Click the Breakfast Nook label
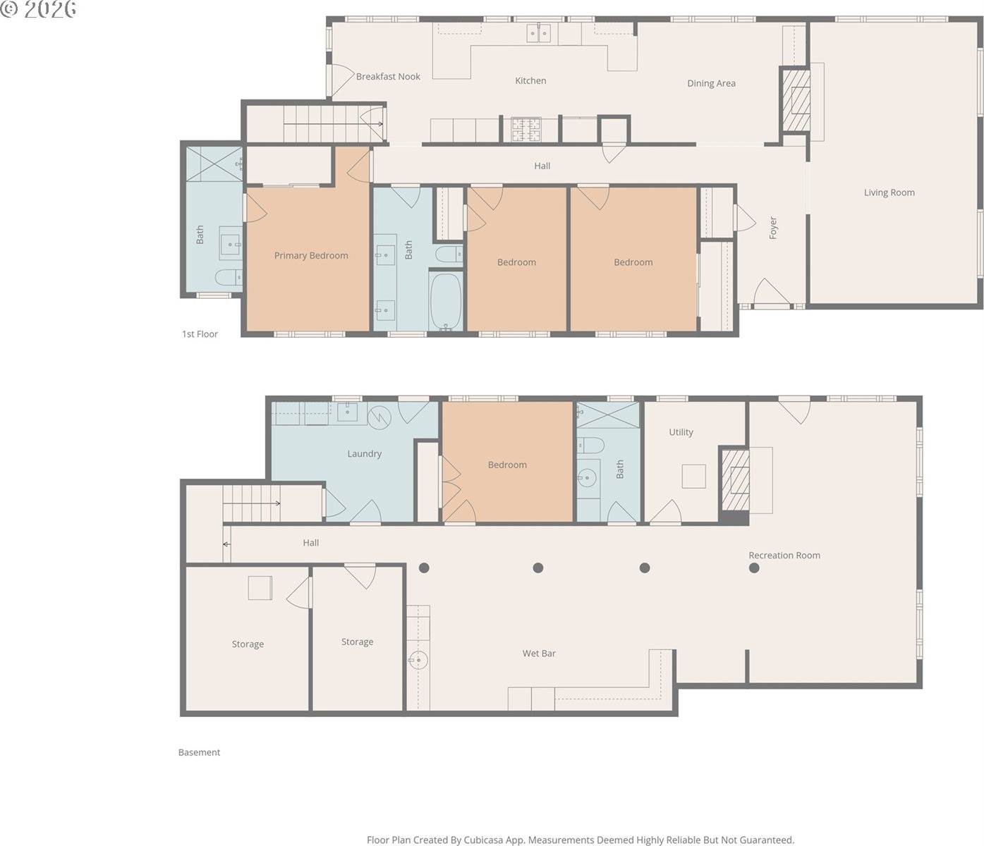tap(388, 76)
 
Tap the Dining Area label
tap(711, 83)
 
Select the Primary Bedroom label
tap(311, 255)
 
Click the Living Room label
tap(889, 192)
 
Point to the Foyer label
tap(772, 228)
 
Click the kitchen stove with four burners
tap(526, 129)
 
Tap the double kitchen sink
tap(539, 32)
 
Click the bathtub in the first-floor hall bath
tap(446, 301)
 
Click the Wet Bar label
tap(539, 654)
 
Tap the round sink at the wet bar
tap(418, 661)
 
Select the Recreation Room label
tap(784, 555)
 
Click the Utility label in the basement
tap(681, 432)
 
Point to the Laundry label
tap(364, 453)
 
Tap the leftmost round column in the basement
tap(424, 568)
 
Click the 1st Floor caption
tap(200, 334)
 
